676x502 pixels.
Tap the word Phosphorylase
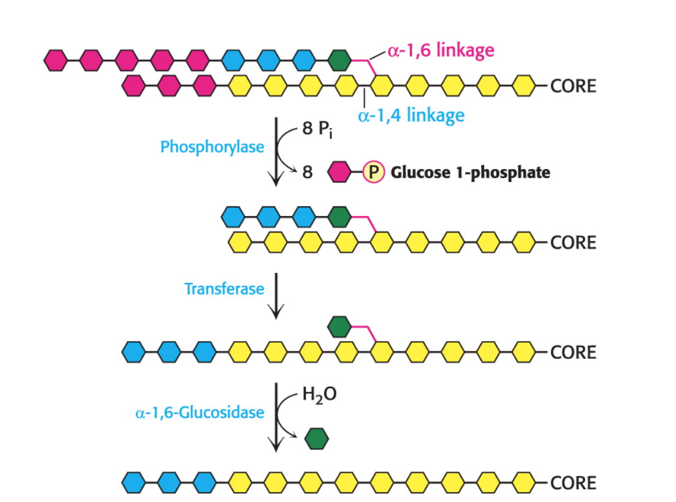212,147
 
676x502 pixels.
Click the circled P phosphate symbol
373,173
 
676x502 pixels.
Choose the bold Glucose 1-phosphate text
470,173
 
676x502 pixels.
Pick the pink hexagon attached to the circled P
340,173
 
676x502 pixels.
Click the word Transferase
224,288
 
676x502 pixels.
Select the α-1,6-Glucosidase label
200,412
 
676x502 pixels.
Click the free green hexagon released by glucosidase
317,438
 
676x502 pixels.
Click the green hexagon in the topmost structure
340,60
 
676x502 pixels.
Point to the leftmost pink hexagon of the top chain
56,60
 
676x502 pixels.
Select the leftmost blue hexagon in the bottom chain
134,482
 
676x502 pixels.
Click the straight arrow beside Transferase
277,296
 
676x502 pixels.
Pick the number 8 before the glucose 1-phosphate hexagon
306,173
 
